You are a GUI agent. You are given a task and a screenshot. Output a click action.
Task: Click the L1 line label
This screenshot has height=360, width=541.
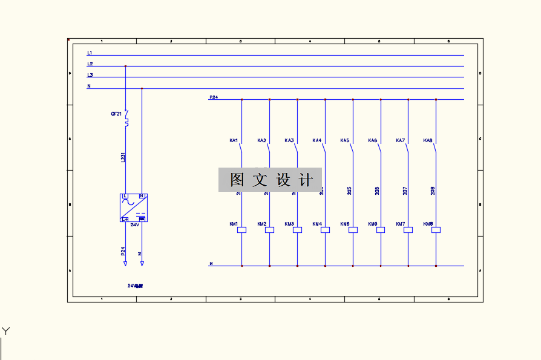90,53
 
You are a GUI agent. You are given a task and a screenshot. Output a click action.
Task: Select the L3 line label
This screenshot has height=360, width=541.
90,75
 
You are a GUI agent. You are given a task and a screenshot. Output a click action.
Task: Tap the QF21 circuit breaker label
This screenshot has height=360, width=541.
116,114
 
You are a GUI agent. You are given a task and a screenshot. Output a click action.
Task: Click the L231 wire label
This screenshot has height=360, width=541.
122,157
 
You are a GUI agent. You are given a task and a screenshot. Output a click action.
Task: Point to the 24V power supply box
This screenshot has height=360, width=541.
134,208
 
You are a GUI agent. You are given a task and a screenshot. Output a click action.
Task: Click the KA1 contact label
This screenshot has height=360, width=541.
234,141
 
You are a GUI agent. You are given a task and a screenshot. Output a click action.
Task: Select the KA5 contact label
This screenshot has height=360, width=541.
345,141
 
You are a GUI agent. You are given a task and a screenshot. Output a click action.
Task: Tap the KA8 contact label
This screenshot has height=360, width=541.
428,141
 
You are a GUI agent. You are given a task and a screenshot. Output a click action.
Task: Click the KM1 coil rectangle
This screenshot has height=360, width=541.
241,230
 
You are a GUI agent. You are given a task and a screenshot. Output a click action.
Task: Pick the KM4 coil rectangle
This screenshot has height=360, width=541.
325,230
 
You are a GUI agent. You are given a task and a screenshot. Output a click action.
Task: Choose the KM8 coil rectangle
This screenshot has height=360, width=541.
436,230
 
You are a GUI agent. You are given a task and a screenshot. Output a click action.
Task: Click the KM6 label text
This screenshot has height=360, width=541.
373,224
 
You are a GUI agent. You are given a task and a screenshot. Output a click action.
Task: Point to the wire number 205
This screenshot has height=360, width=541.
349,191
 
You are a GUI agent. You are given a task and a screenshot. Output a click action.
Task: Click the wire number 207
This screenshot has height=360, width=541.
405,191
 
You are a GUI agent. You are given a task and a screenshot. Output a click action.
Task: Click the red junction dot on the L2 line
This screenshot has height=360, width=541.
125,66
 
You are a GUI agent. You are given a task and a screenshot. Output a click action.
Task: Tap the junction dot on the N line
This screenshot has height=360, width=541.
142,88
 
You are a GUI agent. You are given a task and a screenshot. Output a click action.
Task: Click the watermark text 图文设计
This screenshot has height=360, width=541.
270,180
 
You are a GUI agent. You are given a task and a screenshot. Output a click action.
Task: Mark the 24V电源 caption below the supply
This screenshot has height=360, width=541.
135,285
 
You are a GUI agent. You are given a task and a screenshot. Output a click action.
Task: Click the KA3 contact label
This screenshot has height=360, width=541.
289,141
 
